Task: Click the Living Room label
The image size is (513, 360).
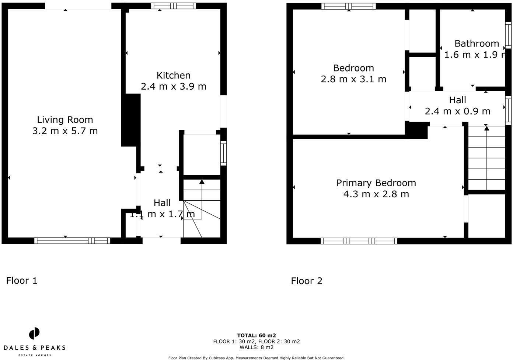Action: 65,120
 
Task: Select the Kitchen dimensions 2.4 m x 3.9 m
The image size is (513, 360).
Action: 173,86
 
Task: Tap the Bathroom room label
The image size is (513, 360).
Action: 477,44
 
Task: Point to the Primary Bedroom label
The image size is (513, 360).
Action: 376,183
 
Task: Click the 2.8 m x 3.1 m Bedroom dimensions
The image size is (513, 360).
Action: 353,79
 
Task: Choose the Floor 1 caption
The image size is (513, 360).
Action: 22,281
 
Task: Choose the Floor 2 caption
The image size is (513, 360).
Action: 307,281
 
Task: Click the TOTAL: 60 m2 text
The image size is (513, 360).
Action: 256,335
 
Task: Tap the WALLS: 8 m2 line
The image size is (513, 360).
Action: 256,347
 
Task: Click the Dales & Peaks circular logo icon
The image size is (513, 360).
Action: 34,333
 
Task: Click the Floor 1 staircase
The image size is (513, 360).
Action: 202,208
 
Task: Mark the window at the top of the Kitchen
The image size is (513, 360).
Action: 174,6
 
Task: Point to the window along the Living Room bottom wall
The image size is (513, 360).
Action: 72,241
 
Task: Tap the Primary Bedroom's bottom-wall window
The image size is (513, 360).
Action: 359,241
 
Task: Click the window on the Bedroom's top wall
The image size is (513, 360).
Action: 348,6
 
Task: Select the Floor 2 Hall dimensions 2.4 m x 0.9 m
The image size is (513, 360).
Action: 457,111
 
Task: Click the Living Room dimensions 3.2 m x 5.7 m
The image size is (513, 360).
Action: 65,131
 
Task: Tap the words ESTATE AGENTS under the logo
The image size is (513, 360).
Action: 35,355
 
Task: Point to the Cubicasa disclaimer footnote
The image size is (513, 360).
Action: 256,358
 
